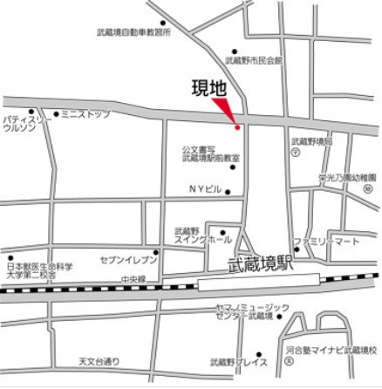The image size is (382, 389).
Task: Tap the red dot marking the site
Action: click(x=236, y=127)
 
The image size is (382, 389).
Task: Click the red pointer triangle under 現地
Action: click(x=229, y=110)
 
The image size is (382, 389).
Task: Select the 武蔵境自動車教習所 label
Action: click(x=133, y=32)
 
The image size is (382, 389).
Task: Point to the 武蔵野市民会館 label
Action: click(x=254, y=61)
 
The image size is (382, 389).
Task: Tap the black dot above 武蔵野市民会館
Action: click(x=234, y=51)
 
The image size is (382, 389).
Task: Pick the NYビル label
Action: click(x=206, y=189)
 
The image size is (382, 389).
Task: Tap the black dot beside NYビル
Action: click(x=229, y=192)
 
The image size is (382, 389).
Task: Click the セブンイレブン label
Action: click(x=129, y=260)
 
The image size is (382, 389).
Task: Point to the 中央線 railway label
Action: click(x=133, y=279)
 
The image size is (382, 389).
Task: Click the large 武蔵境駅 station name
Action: click(x=259, y=263)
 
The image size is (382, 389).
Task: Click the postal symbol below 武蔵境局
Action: click(x=297, y=152)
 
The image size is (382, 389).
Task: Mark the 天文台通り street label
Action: click(x=99, y=360)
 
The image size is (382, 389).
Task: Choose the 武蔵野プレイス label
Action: click(x=238, y=361)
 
